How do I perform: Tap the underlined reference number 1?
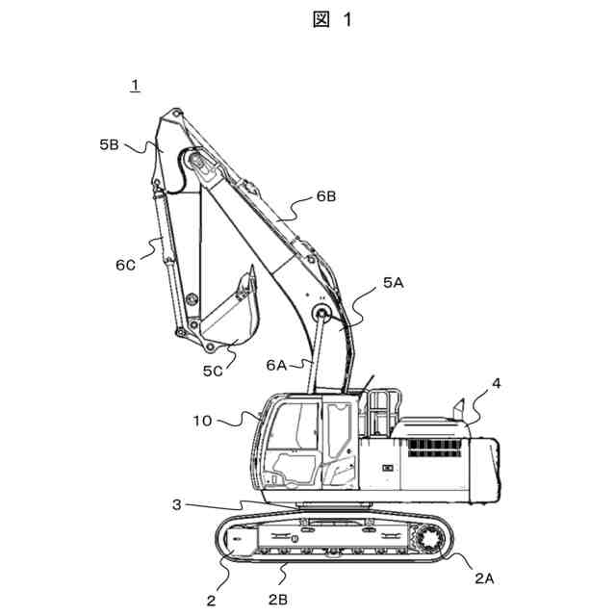point(136,86)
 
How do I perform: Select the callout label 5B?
point(109,145)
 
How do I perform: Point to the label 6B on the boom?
point(326,196)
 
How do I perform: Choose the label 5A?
point(395,283)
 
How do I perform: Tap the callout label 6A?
point(276,365)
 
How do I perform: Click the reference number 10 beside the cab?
point(204,421)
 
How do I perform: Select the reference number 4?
point(496,383)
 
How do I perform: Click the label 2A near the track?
point(484,577)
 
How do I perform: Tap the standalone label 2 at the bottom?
point(210,602)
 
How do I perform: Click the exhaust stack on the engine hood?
point(460,408)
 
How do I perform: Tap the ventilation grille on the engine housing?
point(430,448)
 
